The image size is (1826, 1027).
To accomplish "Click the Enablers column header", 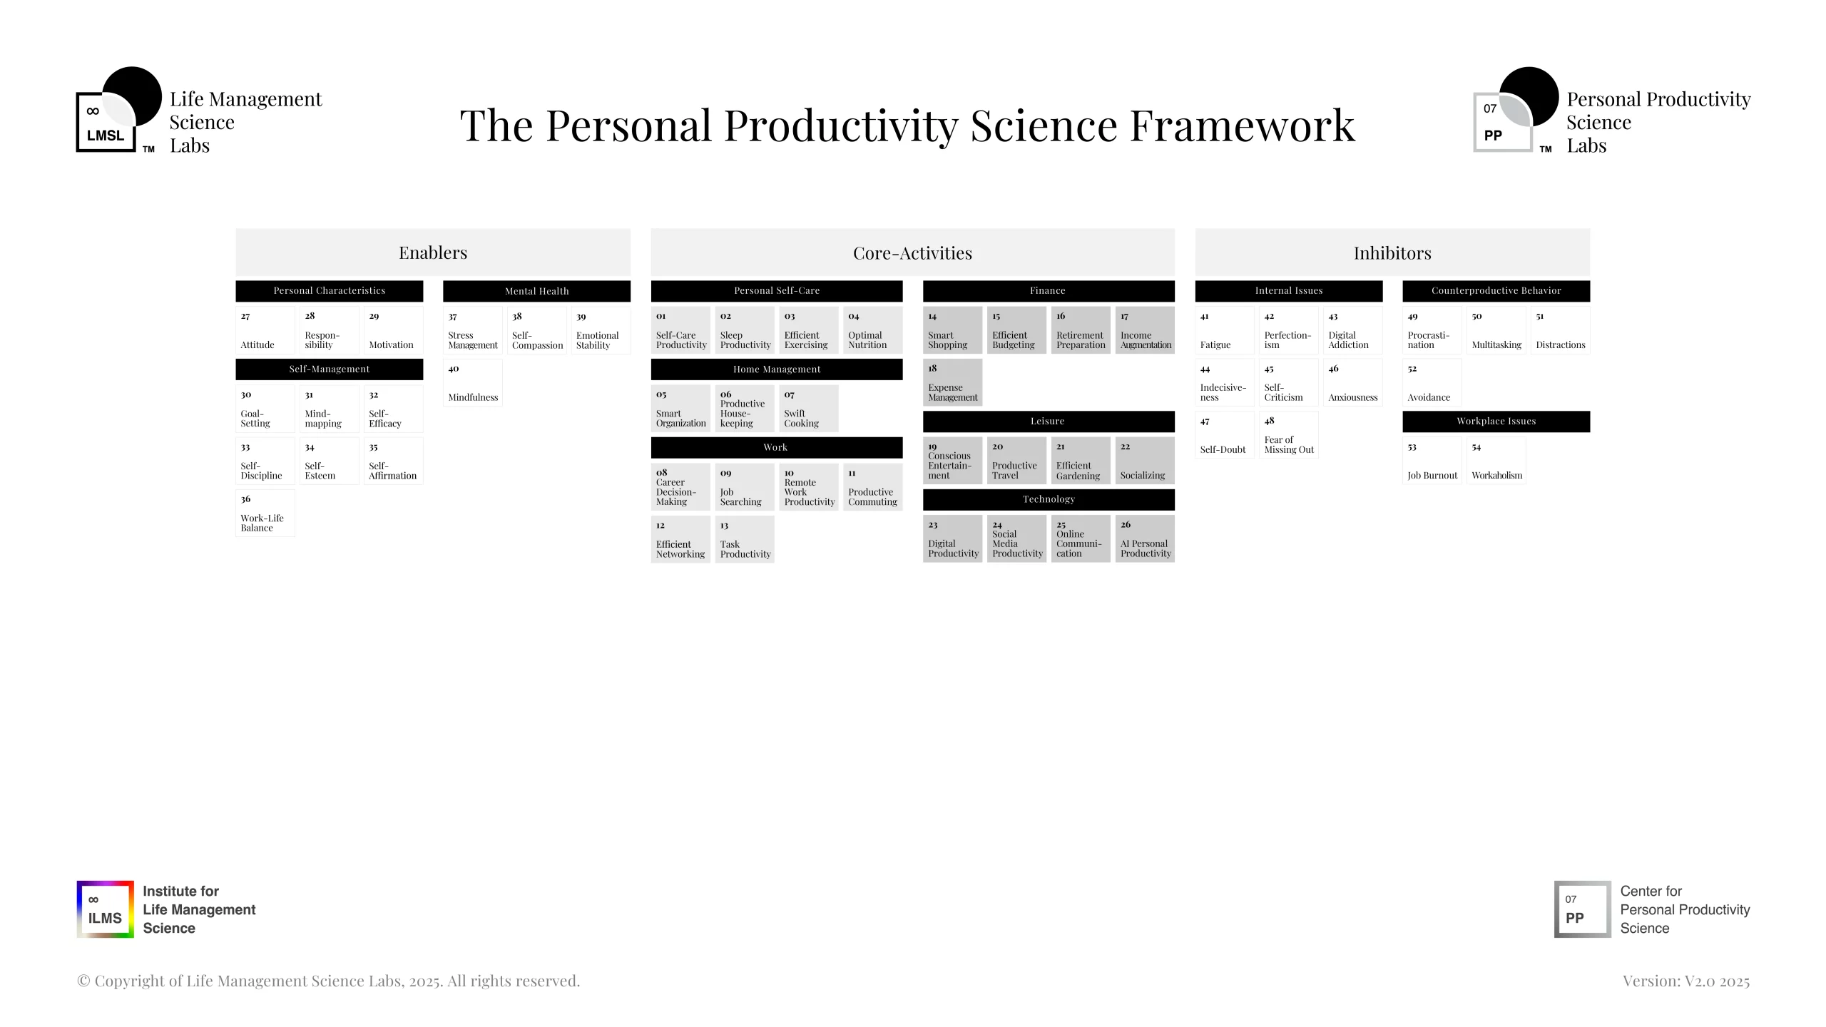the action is [x=433, y=252].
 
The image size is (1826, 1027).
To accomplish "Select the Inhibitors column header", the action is [x=1392, y=252].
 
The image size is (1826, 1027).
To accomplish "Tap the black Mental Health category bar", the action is [x=536, y=291].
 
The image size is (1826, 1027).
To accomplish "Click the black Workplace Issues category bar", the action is [x=1496, y=421].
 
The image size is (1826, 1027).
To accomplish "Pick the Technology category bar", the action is [x=1049, y=499].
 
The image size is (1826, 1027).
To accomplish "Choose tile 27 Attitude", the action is [x=265, y=330].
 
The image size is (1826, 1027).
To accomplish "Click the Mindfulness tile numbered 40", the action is [x=473, y=383].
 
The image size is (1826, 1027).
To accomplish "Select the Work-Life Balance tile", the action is [x=265, y=513].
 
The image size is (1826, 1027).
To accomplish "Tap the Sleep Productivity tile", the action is [x=745, y=330].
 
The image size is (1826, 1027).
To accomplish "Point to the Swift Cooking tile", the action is [x=809, y=409].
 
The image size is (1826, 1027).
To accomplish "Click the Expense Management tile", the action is [x=953, y=383].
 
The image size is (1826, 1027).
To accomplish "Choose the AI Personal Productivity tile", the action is [x=1145, y=539].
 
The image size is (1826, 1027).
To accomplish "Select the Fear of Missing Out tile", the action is [x=1289, y=435].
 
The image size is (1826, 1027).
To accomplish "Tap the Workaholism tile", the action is [x=1496, y=461].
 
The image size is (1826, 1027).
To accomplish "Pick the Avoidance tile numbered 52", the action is [x=1432, y=383].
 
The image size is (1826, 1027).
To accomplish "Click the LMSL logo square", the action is [x=106, y=122].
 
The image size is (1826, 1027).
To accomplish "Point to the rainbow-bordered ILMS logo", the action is [x=106, y=909].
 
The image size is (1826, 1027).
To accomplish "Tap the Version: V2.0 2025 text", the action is [x=1686, y=981].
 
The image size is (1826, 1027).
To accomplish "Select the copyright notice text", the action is [x=329, y=981].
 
